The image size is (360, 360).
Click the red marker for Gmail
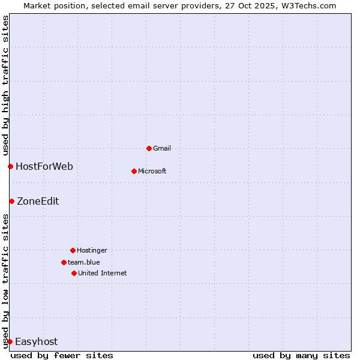click(149, 148)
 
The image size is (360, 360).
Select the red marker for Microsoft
click(134, 171)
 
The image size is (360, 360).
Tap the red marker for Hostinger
click(73, 250)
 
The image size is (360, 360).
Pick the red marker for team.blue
click(64, 262)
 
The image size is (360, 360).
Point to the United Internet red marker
click(74, 273)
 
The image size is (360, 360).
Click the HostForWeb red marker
click(10, 166)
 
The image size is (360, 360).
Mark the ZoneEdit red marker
click(11, 201)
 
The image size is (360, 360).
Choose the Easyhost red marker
click(10, 341)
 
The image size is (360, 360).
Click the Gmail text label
click(162, 148)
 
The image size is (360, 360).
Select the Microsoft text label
click(152, 171)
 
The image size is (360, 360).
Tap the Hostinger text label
click(92, 250)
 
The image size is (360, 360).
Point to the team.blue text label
click(84, 262)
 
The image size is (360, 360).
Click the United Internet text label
click(103, 273)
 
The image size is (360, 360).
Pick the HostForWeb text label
click(44, 166)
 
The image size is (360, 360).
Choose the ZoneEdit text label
click(38, 201)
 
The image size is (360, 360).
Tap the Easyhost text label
click(37, 341)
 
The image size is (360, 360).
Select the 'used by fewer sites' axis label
click(62, 355)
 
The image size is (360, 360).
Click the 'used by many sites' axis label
click(301, 355)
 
